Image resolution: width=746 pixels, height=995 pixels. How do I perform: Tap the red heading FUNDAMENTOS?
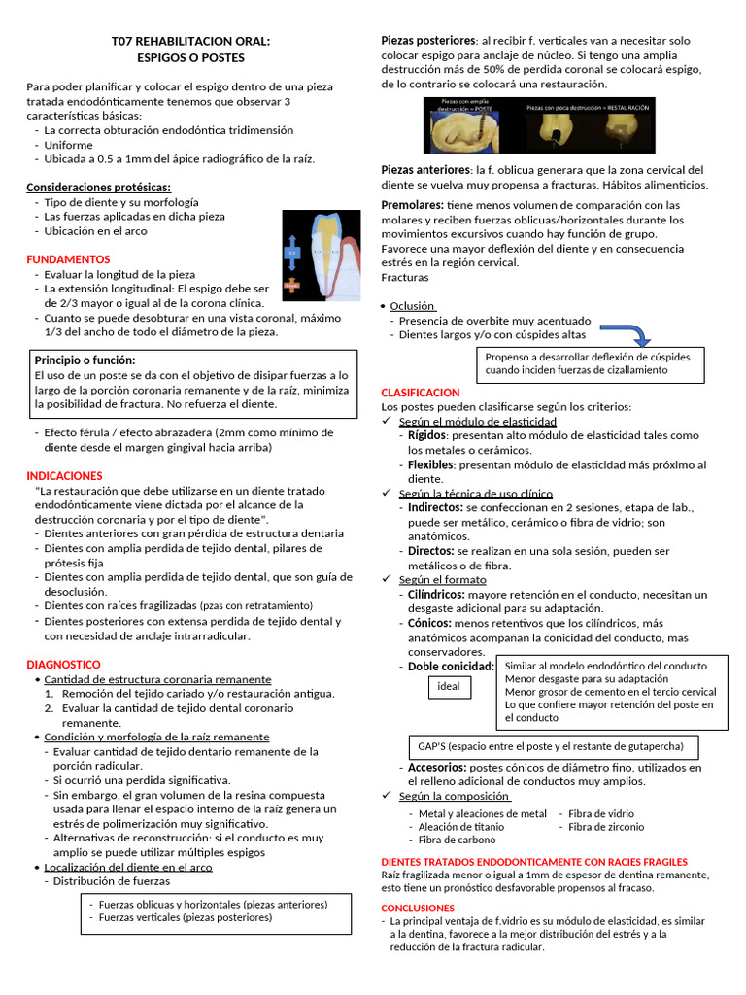click(68, 259)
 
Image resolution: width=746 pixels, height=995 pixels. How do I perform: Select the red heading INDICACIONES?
click(64, 475)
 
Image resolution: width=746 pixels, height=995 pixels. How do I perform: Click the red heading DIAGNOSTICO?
click(63, 664)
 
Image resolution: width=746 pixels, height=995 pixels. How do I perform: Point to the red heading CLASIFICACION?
click(421, 392)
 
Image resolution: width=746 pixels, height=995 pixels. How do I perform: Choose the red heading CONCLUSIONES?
click(418, 908)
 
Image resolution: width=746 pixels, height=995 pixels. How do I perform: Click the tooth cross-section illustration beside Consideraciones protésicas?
click(318, 253)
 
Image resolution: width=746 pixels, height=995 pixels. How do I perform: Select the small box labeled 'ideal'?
click(449, 686)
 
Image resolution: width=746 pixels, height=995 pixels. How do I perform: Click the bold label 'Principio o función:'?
click(88, 360)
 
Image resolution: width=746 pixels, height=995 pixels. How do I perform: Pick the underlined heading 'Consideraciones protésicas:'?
click(99, 187)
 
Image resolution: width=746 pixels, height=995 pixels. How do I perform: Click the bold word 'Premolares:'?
click(413, 205)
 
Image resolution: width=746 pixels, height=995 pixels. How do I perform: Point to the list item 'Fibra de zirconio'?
click(605, 827)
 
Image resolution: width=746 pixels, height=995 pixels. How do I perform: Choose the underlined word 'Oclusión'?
click(413, 305)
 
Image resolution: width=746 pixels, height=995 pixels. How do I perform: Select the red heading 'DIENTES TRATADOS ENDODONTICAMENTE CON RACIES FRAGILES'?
click(534, 861)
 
